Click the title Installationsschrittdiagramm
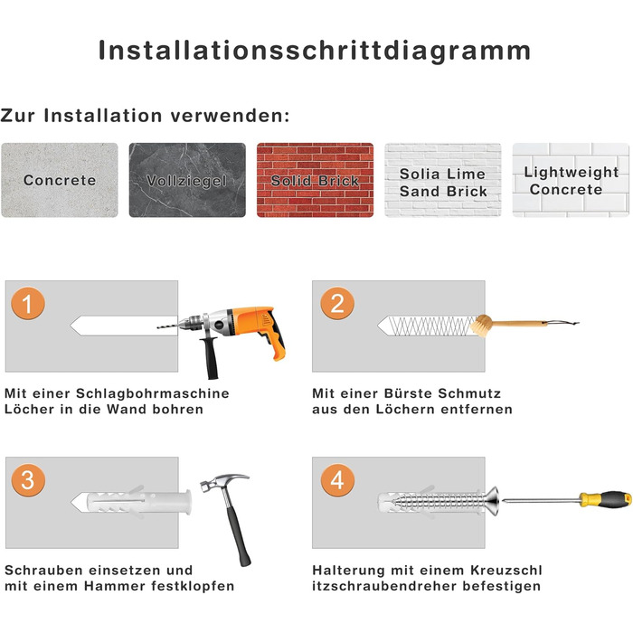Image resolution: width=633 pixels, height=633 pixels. coord(315,51)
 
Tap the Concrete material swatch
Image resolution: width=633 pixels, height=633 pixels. coord(60,180)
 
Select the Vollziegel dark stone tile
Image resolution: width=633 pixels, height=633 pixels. coord(187,180)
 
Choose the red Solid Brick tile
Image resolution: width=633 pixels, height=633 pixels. coord(315,180)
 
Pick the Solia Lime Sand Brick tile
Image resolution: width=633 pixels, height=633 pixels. coord(443,180)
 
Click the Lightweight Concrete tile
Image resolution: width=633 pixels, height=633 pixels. coord(571,180)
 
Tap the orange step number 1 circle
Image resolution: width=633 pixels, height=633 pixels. coord(28,303)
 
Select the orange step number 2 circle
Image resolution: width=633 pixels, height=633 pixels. coord(337,303)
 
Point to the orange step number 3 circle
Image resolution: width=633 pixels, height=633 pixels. coord(28,480)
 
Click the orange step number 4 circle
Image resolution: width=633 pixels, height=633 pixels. coord(337,480)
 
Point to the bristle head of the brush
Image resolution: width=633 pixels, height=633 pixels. coord(481,326)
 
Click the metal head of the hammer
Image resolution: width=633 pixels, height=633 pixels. coord(224,482)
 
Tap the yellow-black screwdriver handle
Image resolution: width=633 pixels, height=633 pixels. coord(605,499)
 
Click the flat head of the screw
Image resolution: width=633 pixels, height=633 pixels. coord(493,502)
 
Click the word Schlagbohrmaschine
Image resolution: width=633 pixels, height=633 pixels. coord(153,393)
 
